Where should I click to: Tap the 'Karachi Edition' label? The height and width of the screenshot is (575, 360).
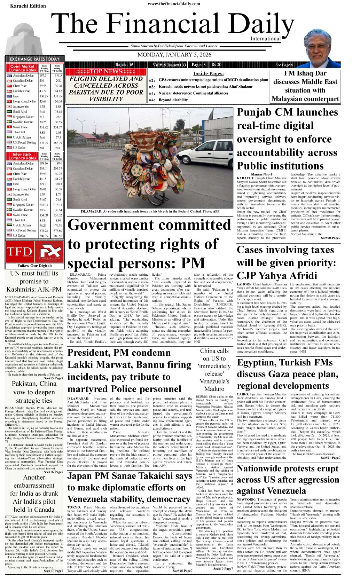(x=28, y=6)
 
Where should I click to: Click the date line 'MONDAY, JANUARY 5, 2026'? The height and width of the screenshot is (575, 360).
(x=174, y=55)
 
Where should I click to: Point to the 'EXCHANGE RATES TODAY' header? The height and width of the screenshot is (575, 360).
(x=34, y=59)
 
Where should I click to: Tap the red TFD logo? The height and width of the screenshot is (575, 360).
(x=19, y=252)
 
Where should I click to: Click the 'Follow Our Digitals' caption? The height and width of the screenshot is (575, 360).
(x=35, y=266)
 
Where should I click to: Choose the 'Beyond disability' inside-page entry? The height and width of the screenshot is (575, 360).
(x=173, y=100)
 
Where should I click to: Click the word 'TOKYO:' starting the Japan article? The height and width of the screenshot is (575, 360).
(x=74, y=507)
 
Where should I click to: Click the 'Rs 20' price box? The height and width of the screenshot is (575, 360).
(x=216, y=65)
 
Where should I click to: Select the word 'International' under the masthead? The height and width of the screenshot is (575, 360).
(x=265, y=39)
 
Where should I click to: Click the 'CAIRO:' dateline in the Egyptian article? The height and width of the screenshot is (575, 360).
(x=243, y=394)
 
